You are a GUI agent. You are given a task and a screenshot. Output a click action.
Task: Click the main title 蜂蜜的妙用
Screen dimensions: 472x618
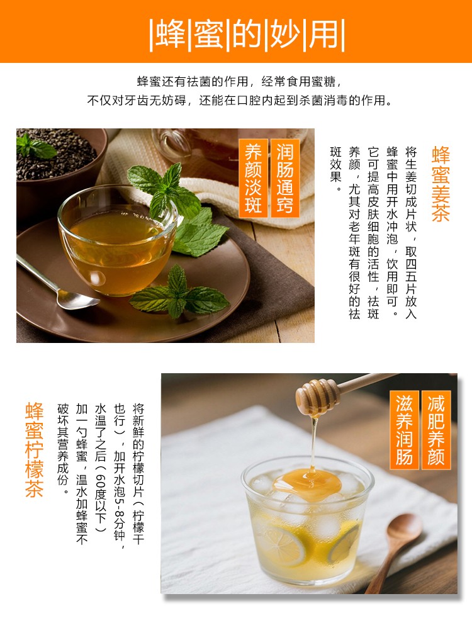[247, 34]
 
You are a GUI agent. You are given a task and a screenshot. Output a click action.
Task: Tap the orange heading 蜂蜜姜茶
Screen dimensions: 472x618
[441, 184]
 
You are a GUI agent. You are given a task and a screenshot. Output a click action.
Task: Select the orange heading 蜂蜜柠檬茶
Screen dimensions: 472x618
[34, 450]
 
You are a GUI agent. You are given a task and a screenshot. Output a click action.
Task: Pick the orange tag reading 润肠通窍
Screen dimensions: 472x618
[285, 178]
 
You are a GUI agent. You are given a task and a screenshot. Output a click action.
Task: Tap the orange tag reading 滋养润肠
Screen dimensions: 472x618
[404, 430]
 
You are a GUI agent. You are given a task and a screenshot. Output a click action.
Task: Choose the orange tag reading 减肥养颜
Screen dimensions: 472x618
[436, 430]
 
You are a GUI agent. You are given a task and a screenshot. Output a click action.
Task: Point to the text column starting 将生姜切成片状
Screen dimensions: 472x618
[411, 232]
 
